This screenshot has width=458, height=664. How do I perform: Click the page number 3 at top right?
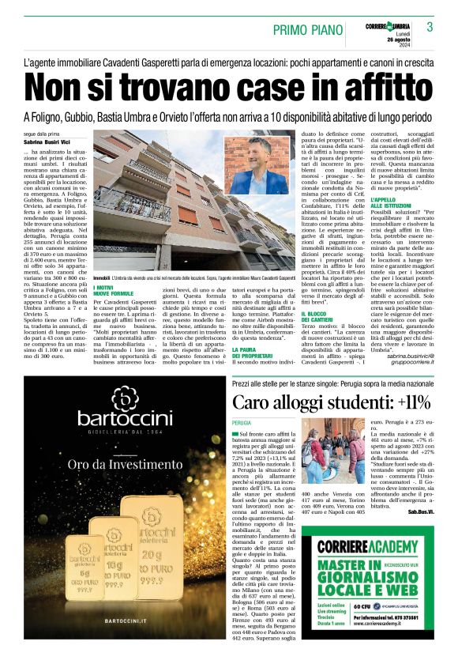[430, 27]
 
